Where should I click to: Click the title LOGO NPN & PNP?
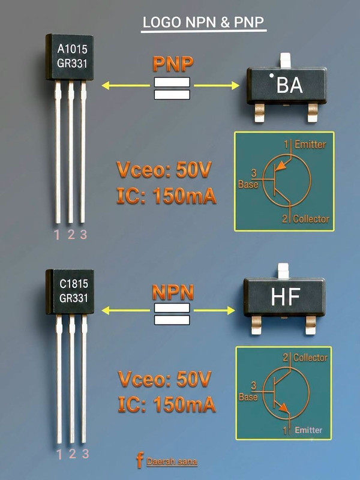click(203, 22)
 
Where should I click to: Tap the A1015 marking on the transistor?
click(72, 49)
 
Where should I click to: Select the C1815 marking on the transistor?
click(74, 284)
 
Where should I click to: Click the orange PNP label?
click(173, 64)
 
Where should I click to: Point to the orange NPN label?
click(173, 292)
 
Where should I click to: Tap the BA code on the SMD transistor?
click(290, 85)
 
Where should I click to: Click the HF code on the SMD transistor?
click(286, 296)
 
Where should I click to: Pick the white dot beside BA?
click(271, 76)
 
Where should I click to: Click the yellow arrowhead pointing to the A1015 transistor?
click(106, 86)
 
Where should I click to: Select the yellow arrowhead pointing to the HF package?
click(231, 311)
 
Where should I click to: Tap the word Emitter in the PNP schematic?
click(310, 145)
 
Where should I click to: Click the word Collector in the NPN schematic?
click(310, 358)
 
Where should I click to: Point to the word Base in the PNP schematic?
click(248, 184)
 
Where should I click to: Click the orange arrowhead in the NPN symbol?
click(283, 408)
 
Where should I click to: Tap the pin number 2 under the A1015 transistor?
click(71, 235)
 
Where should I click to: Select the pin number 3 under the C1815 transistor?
click(85, 454)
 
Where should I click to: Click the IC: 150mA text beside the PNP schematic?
click(167, 196)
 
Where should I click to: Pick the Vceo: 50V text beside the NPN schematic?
click(164, 379)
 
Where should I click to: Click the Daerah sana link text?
click(172, 461)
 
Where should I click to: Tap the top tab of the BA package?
click(286, 61)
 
